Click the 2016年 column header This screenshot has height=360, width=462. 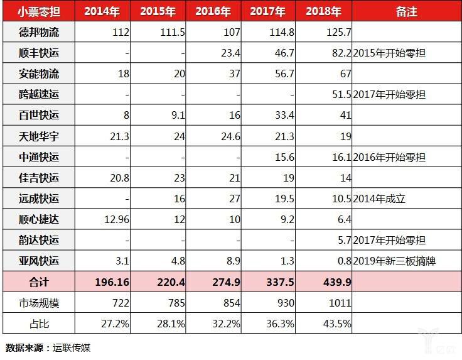pyautogui.click(x=215, y=11)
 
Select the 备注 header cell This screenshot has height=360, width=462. pyautogui.click(x=406, y=11)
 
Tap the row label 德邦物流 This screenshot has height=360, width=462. pyautogui.click(x=38, y=32)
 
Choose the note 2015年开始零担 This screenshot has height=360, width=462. pyautogui.click(x=390, y=53)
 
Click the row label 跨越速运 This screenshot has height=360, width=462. pyautogui.click(x=38, y=94)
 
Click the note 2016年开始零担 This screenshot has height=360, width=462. pyautogui.click(x=390, y=157)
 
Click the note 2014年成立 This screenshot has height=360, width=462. pyautogui.click(x=380, y=199)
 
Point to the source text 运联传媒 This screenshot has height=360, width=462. pyautogui.click(x=71, y=347)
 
